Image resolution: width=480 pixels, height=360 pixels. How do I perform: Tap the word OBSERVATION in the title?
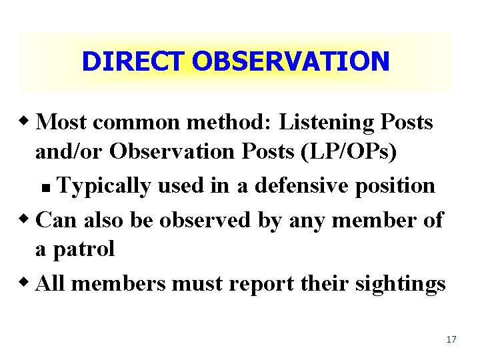click(290, 61)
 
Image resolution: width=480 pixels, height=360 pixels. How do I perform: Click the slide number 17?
click(451, 340)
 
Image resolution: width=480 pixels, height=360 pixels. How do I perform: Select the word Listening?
click(318, 123)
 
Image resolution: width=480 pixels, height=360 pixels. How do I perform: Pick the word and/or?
click(70, 152)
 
